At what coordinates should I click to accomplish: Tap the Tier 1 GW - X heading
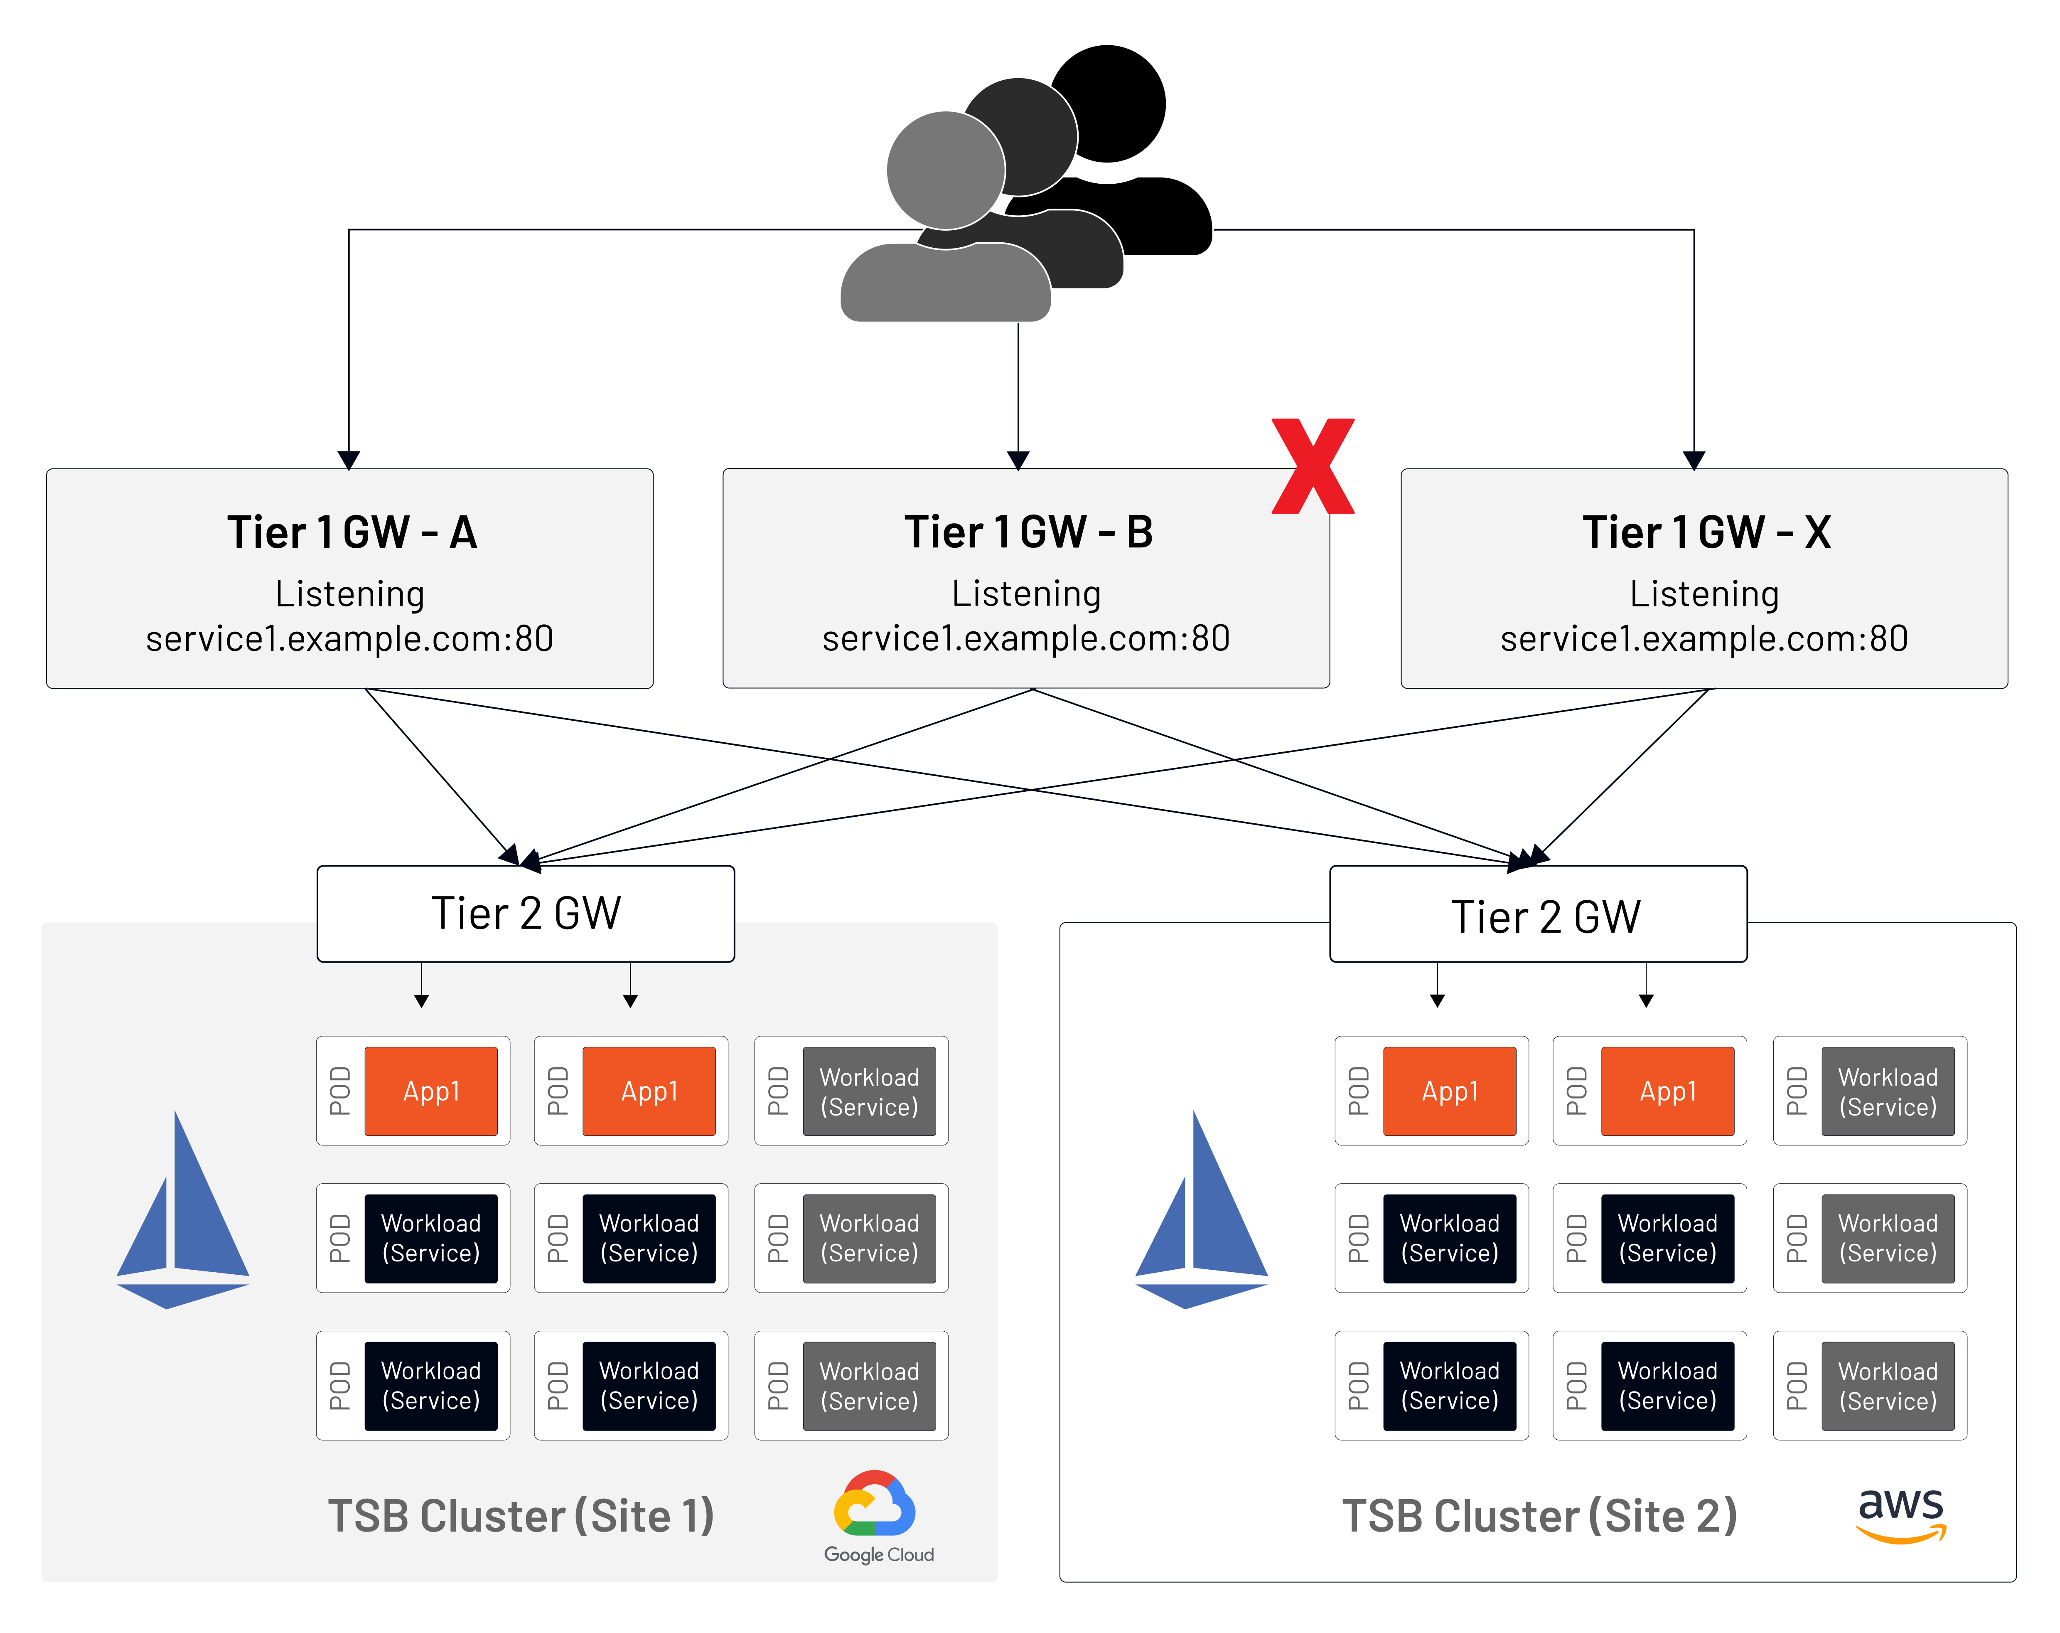[x=1706, y=532]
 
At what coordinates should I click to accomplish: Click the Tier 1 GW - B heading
[x=1028, y=532]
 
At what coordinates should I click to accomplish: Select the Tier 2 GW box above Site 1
[x=526, y=914]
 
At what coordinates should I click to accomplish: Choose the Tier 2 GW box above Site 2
[x=1538, y=915]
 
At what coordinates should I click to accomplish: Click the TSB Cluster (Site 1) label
[x=521, y=1517]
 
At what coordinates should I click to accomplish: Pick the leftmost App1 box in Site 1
[x=431, y=1091]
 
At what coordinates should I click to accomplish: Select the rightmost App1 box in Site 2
[x=1667, y=1091]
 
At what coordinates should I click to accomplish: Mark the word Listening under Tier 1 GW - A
[x=350, y=594]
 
